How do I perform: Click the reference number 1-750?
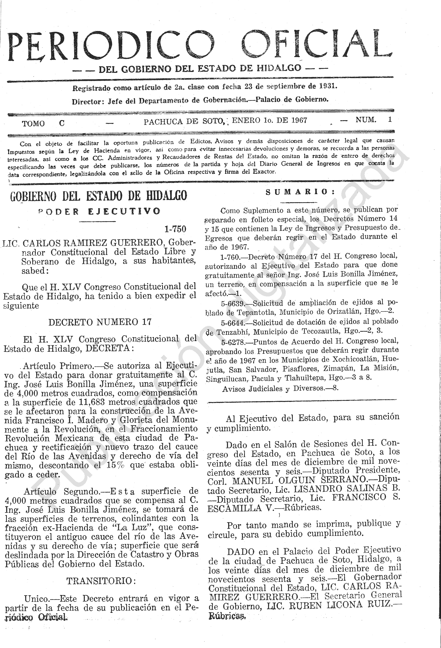175,229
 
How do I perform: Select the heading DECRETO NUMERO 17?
100,322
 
